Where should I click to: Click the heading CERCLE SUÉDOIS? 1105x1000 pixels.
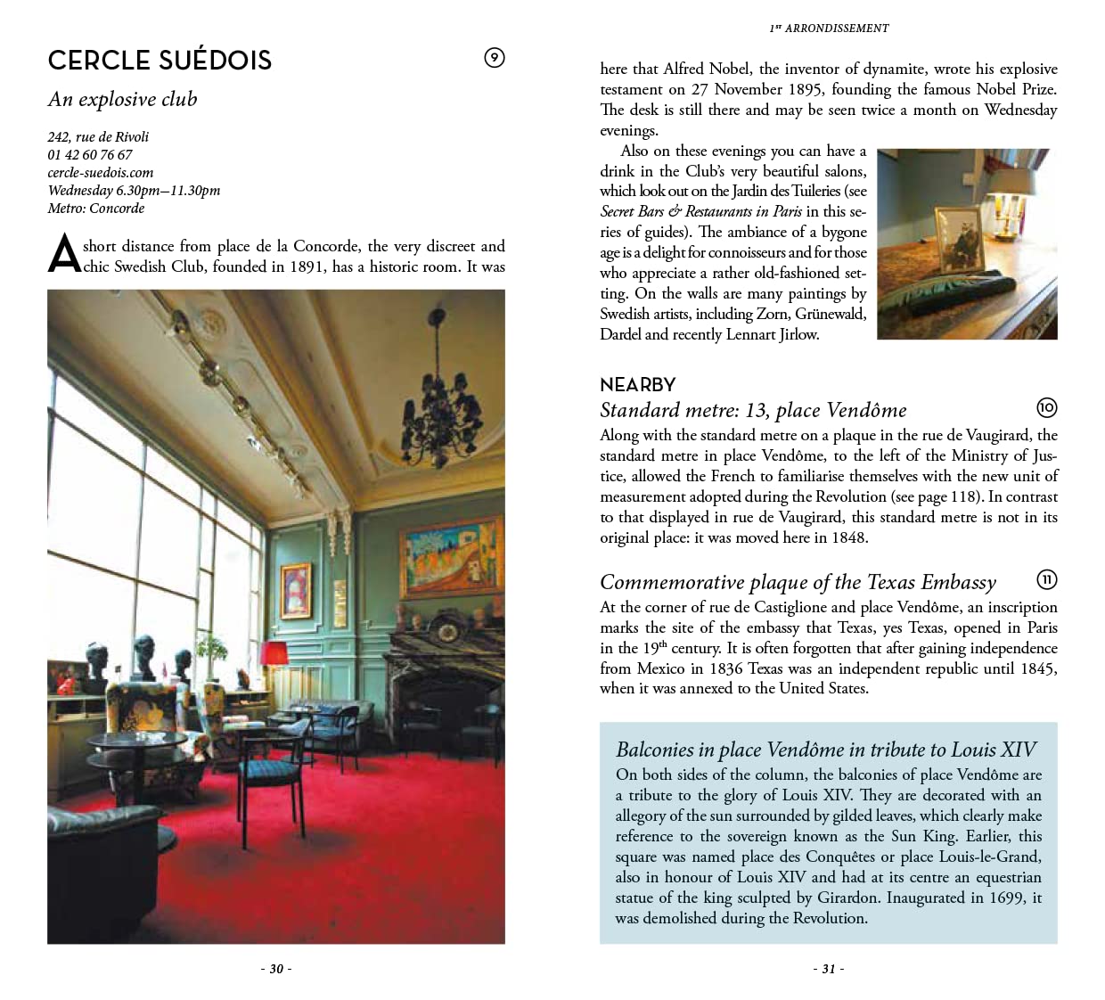click(160, 60)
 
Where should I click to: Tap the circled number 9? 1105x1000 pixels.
click(494, 58)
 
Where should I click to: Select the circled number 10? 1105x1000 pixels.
click(1046, 408)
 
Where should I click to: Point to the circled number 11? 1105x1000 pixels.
click(1046, 580)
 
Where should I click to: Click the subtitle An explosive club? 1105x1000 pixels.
click(123, 99)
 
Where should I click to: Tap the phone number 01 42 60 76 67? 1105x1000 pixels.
click(90, 154)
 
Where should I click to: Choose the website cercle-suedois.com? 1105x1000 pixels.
click(101, 172)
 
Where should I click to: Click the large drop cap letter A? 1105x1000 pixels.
click(64, 255)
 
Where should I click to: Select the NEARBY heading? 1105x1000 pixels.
click(637, 385)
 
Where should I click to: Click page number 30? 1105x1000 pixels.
click(276, 969)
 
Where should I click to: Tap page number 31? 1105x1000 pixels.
click(829, 969)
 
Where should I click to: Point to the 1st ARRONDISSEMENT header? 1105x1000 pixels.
click(829, 28)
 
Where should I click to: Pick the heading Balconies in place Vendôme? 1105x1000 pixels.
click(826, 750)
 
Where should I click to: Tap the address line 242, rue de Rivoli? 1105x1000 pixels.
click(98, 136)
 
